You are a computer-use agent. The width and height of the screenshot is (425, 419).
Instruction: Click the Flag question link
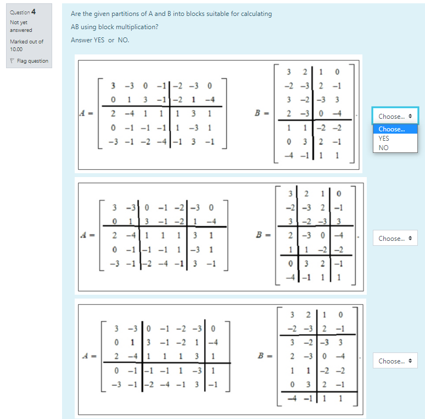tap(32, 61)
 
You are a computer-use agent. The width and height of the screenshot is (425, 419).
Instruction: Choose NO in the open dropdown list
tap(383, 147)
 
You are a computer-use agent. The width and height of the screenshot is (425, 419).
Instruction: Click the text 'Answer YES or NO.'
tap(100, 40)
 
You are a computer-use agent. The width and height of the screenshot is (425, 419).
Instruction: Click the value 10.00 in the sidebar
tap(16, 48)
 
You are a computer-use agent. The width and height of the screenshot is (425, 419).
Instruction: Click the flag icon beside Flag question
tap(12, 61)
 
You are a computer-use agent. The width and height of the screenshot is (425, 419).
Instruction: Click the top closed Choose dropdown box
tap(395, 116)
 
